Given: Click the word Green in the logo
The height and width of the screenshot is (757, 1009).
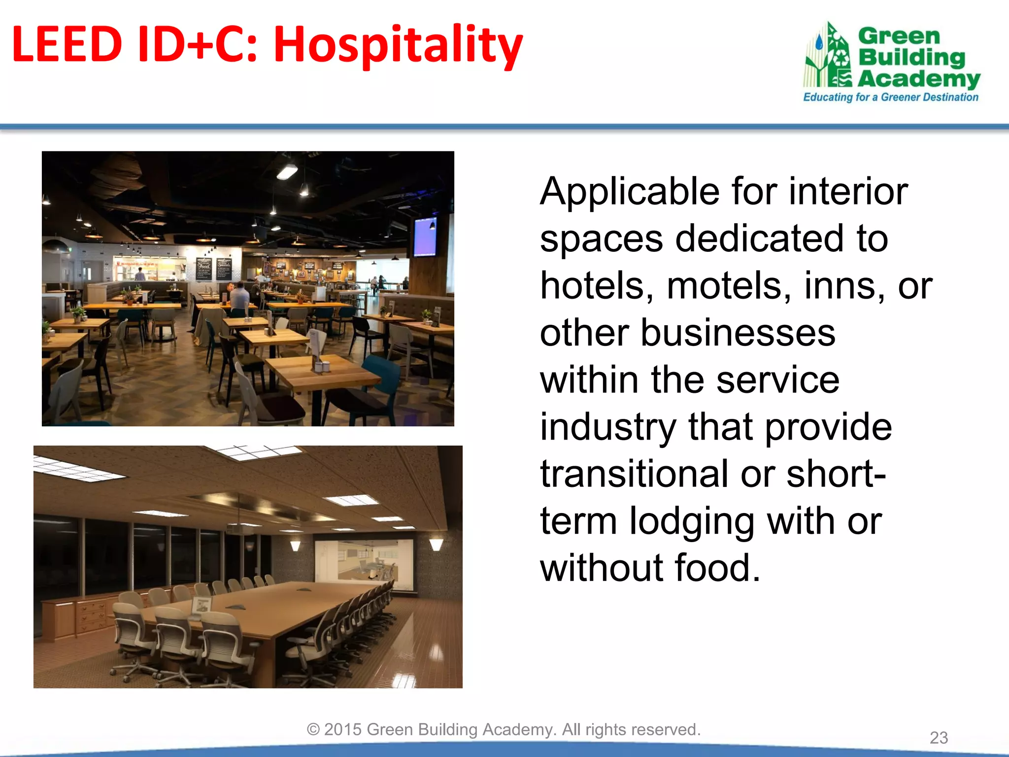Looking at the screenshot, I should pos(899,36).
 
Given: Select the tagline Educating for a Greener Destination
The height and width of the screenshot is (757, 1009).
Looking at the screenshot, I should pos(890,97).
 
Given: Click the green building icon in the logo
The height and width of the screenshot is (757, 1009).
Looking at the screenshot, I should pos(828,57).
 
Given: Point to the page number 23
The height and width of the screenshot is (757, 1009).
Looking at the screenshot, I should pos(939,738).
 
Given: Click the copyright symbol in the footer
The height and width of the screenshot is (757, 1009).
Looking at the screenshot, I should pos(313,729).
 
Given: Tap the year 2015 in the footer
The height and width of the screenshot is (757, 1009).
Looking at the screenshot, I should pos(343,729).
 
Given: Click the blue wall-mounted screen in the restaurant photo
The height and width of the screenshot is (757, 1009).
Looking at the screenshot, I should pos(425,237).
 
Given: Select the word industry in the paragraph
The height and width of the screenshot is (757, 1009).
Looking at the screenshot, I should pos(608,427).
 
